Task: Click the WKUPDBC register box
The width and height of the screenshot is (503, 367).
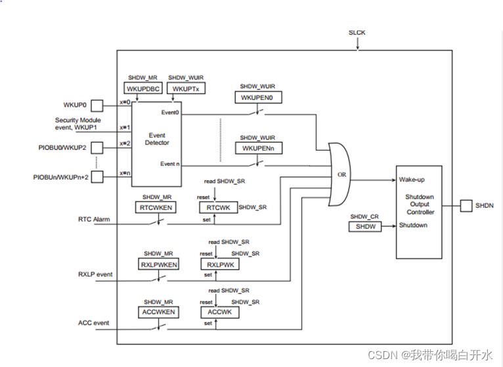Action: [141, 89]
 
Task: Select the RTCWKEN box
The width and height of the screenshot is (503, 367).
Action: [155, 207]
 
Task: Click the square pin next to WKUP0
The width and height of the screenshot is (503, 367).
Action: [96, 105]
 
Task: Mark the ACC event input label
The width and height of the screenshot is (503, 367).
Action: [93, 323]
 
